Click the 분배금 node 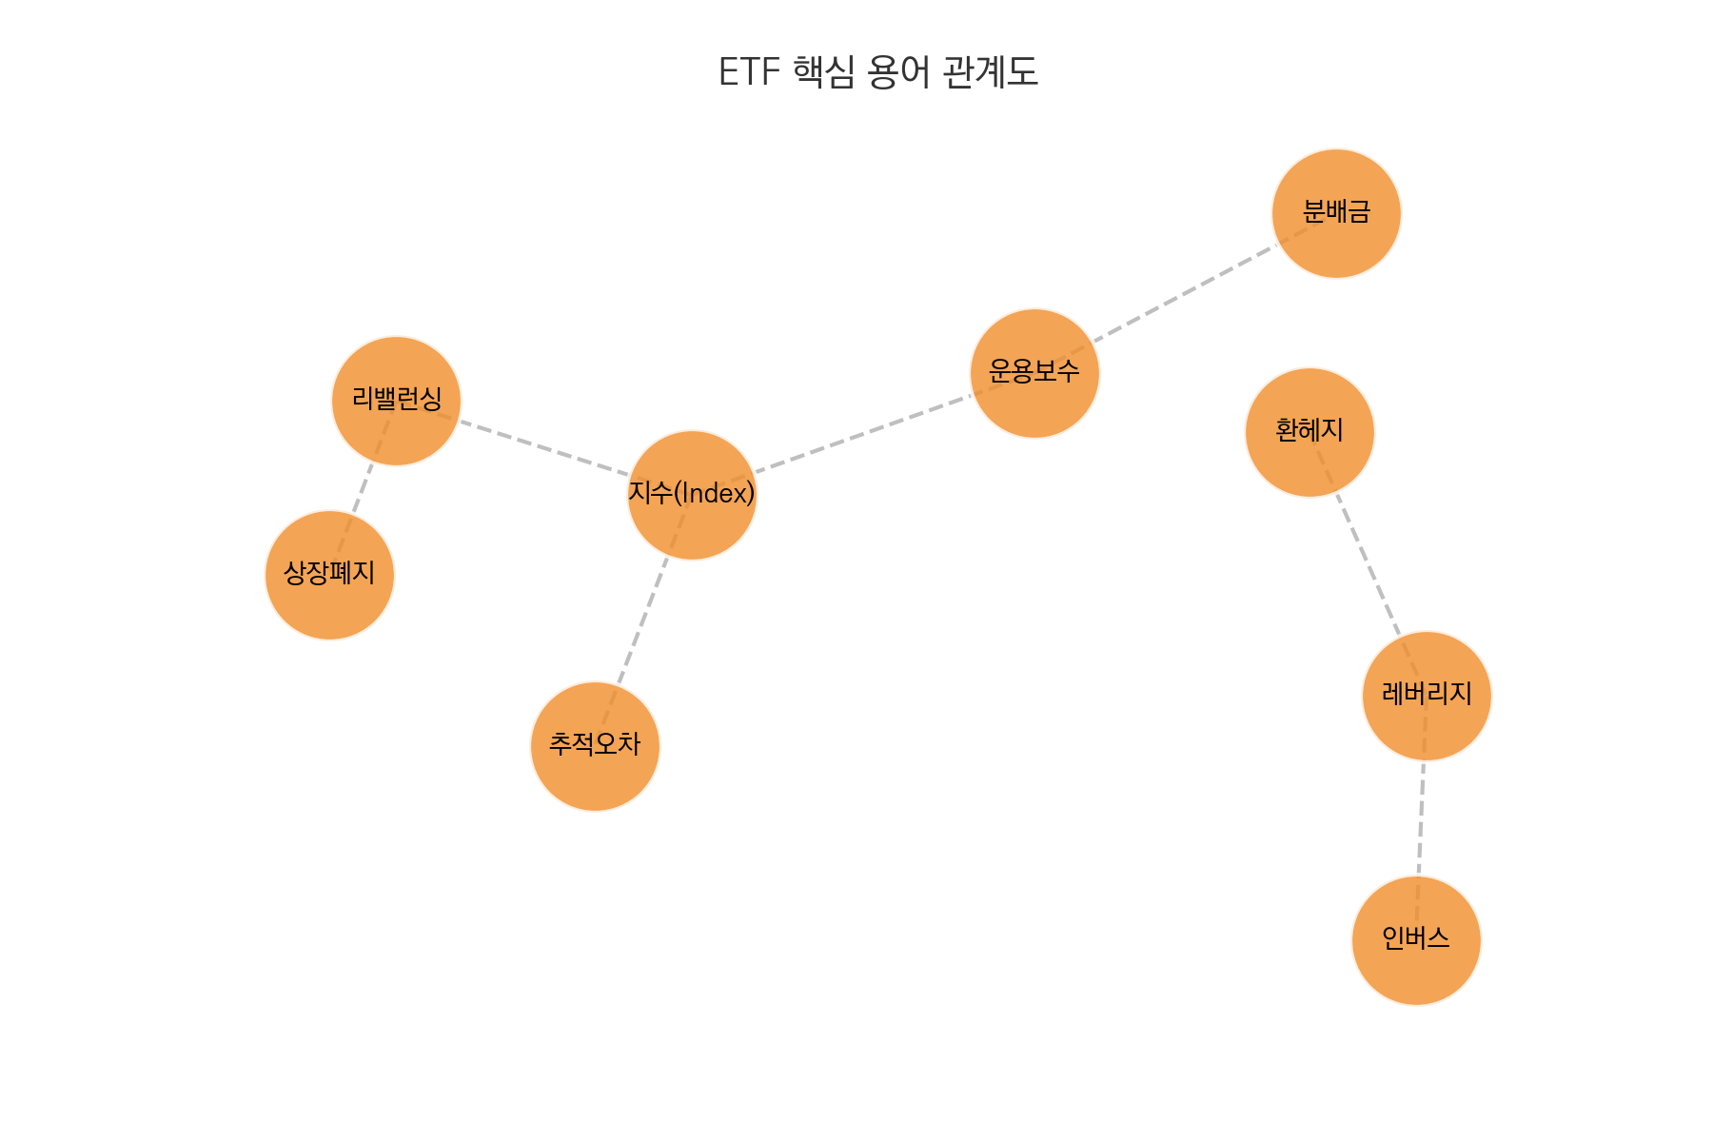(x=1336, y=213)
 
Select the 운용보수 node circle (x=1034, y=373)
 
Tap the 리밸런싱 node (x=396, y=401)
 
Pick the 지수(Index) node (x=692, y=495)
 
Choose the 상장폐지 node (x=329, y=575)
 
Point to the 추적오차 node (x=595, y=746)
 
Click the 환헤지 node (x=1309, y=432)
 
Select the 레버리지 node (x=1427, y=696)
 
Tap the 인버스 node (x=1416, y=940)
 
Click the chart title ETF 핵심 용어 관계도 (x=877, y=72)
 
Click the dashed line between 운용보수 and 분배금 (x=1186, y=293)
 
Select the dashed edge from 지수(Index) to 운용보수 (x=863, y=434)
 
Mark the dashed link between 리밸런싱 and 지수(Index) (x=544, y=447)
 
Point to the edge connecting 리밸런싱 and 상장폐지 (x=363, y=488)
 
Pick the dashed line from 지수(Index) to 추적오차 (x=643, y=620)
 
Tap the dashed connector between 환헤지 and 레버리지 (x=1368, y=563)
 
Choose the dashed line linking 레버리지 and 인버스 (x=1422, y=818)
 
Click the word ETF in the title (x=749, y=72)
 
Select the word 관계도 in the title (x=990, y=72)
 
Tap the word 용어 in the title (x=898, y=72)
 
